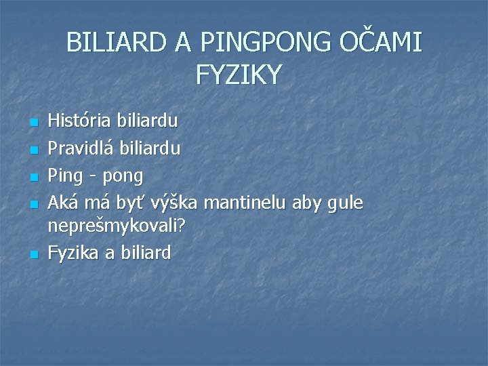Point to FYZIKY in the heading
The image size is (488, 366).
click(239, 75)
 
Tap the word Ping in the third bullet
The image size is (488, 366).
click(65, 176)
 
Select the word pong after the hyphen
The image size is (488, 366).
click(121, 176)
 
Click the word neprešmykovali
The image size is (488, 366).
click(117, 227)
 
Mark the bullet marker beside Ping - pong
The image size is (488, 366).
click(34, 176)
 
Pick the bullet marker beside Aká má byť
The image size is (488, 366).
click(34, 203)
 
